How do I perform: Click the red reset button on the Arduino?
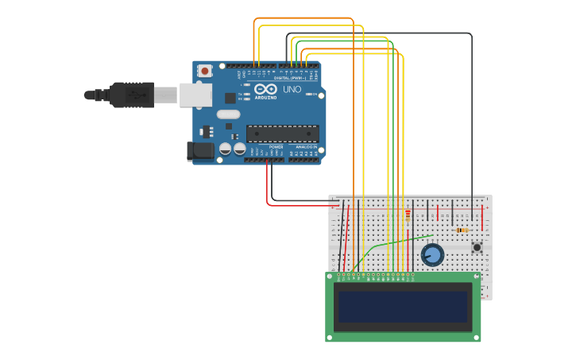(x=205, y=71)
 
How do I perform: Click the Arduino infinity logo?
(x=265, y=90)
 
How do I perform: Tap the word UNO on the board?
(x=292, y=90)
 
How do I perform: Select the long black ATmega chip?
(x=282, y=134)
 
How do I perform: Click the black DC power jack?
(x=200, y=150)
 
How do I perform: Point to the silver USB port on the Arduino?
(x=195, y=95)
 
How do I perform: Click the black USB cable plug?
(x=131, y=95)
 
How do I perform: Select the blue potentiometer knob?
(x=432, y=255)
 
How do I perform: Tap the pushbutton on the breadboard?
(x=477, y=247)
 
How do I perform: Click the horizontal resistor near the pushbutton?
(x=462, y=230)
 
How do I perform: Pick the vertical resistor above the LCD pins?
(x=408, y=215)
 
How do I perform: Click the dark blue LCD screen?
(x=403, y=307)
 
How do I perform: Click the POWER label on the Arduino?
(x=276, y=147)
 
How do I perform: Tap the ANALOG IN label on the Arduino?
(x=306, y=147)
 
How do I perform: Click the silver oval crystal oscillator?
(x=228, y=114)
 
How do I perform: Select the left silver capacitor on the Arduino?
(x=226, y=149)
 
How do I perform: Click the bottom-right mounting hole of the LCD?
(x=476, y=337)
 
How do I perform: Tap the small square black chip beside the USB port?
(x=230, y=98)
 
